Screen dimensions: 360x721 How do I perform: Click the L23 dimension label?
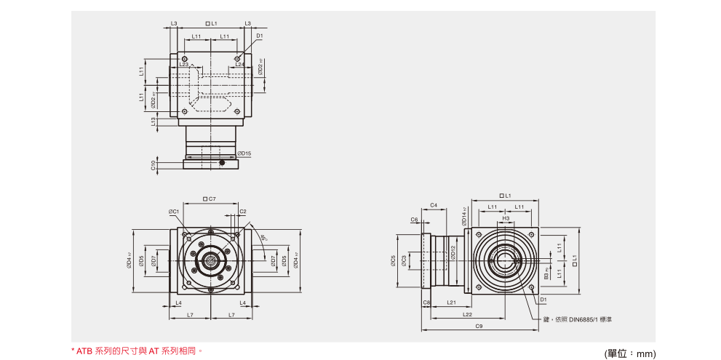[x=183, y=65]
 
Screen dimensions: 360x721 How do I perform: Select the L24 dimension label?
[x=239, y=65]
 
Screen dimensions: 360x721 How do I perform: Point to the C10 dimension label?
[x=154, y=165]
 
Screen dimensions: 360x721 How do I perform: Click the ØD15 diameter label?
[x=244, y=153]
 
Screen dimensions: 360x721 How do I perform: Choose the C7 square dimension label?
[x=210, y=199]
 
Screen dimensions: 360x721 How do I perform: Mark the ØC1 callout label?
[x=174, y=212]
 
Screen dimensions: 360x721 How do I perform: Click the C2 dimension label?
[x=243, y=212]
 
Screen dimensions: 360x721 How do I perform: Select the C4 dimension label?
[x=433, y=205]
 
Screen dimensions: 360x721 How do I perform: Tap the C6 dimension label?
[x=414, y=219]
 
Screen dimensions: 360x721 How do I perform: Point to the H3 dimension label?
[x=506, y=218]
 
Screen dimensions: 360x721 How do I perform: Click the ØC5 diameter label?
[x=393, y=260]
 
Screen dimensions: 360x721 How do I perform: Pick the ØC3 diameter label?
[x=405, y=260]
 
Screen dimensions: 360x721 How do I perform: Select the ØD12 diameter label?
[x=453, y=252]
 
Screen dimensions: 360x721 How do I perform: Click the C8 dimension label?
[x=426, y=302]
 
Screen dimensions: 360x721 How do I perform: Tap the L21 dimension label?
[x=451, y=302]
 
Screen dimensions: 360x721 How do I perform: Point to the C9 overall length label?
[x=479, y=327]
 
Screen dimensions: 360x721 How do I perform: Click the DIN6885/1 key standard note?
[x=583, y=319]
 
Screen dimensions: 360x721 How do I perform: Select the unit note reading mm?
[x=630, y=353]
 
